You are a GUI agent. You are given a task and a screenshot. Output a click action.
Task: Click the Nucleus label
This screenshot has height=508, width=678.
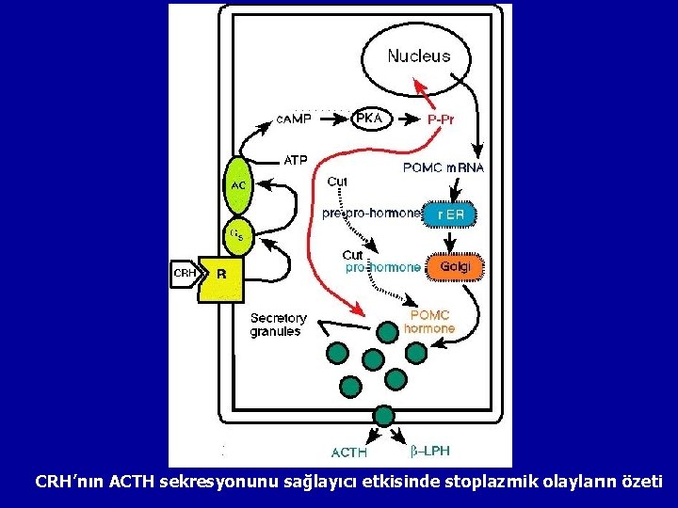click(x=419, y=56)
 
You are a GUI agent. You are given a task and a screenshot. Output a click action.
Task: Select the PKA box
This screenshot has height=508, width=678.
click(x=369, y=119)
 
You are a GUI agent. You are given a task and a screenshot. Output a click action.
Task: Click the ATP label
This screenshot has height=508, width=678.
click(x=296, y=160)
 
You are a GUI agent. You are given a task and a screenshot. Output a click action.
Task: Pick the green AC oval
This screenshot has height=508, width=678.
click(x=238, y=185)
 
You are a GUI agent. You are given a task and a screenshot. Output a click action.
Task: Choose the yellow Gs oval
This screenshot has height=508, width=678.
click(x=238, y=235)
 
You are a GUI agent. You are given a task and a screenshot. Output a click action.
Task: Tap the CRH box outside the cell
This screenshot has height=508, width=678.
click(x=184, y=274)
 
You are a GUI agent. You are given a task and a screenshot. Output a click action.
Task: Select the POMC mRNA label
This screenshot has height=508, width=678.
click(x=444, y=168)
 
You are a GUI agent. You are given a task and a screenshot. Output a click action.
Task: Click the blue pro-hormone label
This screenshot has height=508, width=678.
click(x=383, y=267)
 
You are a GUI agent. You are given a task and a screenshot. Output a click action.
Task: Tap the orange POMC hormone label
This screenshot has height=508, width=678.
click(x=429, y=322)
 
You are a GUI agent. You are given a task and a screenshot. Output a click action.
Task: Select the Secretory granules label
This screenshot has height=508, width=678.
click(x=276, y=325)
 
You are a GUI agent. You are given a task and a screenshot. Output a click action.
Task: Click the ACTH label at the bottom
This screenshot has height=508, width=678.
click(x=348, y=453)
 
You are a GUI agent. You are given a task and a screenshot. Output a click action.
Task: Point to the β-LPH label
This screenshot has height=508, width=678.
click(x=431, y=452)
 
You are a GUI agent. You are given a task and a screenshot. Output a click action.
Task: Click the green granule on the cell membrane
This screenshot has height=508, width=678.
click(x=383, y=416)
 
